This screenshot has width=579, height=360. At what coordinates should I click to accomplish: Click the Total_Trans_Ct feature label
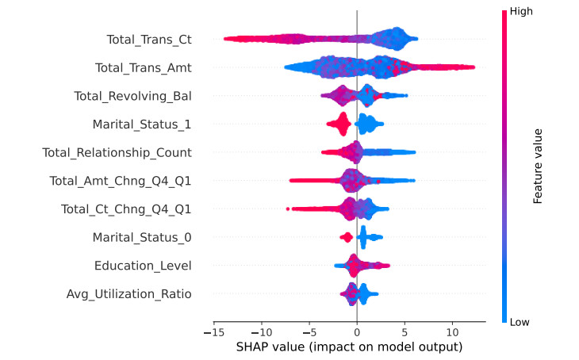(149, 39)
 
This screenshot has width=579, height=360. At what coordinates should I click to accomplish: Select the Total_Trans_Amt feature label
(143, 67)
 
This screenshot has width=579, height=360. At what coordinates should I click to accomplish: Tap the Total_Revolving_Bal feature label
(132, 96)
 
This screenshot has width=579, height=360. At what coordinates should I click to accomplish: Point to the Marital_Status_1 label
(142, 124)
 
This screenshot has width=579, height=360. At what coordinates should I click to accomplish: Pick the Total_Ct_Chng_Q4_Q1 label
(126, 209)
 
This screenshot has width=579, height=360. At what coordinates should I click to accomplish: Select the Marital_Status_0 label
(142, 238)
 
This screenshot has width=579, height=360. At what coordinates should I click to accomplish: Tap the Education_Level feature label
(143, 266)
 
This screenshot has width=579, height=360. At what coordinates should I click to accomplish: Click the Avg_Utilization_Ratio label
(129, 294)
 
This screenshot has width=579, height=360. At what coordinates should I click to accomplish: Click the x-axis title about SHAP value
(349, 347)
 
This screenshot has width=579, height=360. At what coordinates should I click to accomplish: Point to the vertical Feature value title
(538, 166)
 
